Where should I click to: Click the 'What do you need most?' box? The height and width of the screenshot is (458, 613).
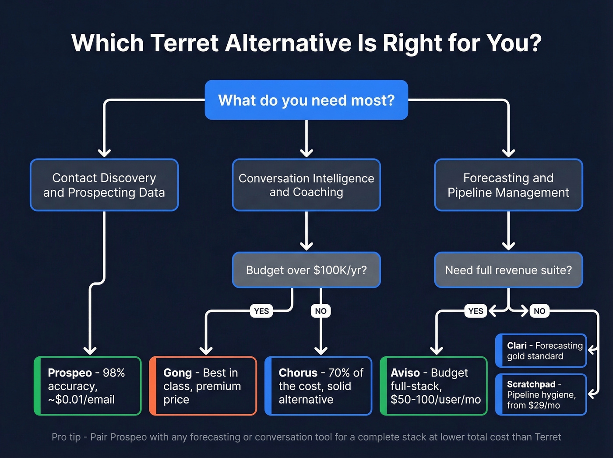306,100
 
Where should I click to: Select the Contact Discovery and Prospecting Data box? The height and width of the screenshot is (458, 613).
104,185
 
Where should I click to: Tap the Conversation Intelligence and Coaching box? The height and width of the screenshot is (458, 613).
306,185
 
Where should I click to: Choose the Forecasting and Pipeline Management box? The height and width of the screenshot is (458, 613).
508,185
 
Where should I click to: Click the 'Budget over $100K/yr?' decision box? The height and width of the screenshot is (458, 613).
306,270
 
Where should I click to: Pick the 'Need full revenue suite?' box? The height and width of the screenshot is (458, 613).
508,270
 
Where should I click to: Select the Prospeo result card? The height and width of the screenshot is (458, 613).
88,386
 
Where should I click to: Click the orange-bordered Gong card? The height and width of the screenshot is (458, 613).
203,386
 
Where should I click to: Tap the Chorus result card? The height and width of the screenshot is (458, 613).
318,386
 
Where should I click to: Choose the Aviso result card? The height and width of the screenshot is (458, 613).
433,386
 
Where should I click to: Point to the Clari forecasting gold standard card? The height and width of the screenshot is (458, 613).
541,351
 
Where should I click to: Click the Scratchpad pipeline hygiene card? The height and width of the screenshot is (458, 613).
541,394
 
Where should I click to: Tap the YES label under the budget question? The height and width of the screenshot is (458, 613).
261,311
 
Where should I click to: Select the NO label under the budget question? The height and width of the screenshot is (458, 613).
321,311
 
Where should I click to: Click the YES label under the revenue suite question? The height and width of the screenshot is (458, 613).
476,311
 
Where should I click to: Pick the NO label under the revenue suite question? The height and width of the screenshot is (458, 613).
539,311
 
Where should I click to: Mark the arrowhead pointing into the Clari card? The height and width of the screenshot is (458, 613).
592,350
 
